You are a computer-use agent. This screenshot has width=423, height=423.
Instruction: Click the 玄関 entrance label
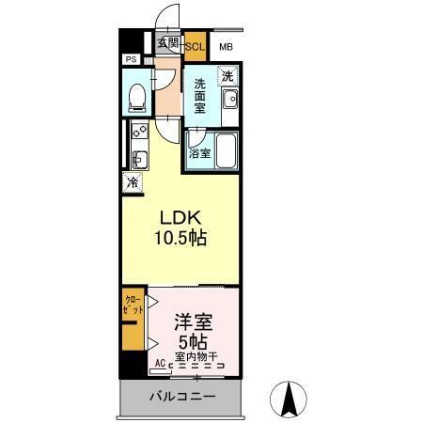[x=167, y=42]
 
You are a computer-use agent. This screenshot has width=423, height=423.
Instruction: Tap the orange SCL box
[x=196, y=45]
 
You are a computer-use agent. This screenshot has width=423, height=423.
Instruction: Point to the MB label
[x=227, y=46]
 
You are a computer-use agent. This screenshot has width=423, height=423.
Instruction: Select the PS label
[x=130, y=60]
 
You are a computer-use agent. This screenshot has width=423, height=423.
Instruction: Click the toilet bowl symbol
[x=137, y=95]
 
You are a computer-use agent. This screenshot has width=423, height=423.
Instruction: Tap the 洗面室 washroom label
[x=200, y=95]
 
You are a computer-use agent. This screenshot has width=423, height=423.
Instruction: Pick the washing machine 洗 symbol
[x=227, y=75]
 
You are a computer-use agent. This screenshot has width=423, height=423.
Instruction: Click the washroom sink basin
[x=228, y=100]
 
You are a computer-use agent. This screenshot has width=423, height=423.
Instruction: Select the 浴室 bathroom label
[x=198, y=153]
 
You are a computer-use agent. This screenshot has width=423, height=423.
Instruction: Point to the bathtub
[x=224, y=150]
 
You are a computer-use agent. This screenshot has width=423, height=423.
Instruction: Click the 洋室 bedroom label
[x=192, y=321]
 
